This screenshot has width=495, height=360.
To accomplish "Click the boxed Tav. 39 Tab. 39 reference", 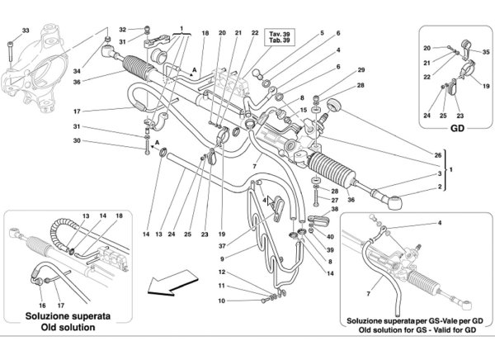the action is click(280, 37).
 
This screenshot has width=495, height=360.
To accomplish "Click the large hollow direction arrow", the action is click(172, 282).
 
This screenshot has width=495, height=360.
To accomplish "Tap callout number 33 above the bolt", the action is click(26, 31).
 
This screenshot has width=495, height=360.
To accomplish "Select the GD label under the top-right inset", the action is click(457, 128).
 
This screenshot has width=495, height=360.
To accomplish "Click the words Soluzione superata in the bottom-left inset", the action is click(68, 316).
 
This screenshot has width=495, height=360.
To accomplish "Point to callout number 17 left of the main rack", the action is click(77, 111).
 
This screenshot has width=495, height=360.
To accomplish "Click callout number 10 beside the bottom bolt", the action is click(222, 301).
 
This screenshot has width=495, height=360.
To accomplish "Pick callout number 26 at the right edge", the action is click(437, 155).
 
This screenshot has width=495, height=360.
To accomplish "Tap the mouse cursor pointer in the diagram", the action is click(271, 201).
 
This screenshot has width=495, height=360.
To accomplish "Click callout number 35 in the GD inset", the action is click(486, 52).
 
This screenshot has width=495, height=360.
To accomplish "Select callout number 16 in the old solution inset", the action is click(42, 306).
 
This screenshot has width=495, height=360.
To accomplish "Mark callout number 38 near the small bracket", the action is click(335, 209).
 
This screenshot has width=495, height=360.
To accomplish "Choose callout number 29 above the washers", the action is click(361, 70).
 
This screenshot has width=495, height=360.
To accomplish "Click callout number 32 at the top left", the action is click(122, 30).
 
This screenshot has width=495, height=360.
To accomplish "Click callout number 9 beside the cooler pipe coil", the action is click(222, 259).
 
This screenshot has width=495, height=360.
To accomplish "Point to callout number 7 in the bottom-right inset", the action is click(368, 294).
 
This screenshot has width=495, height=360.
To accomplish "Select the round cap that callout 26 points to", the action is click(333, 105).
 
